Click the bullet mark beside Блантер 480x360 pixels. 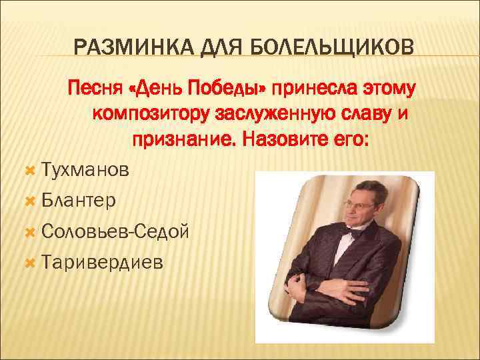29,201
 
